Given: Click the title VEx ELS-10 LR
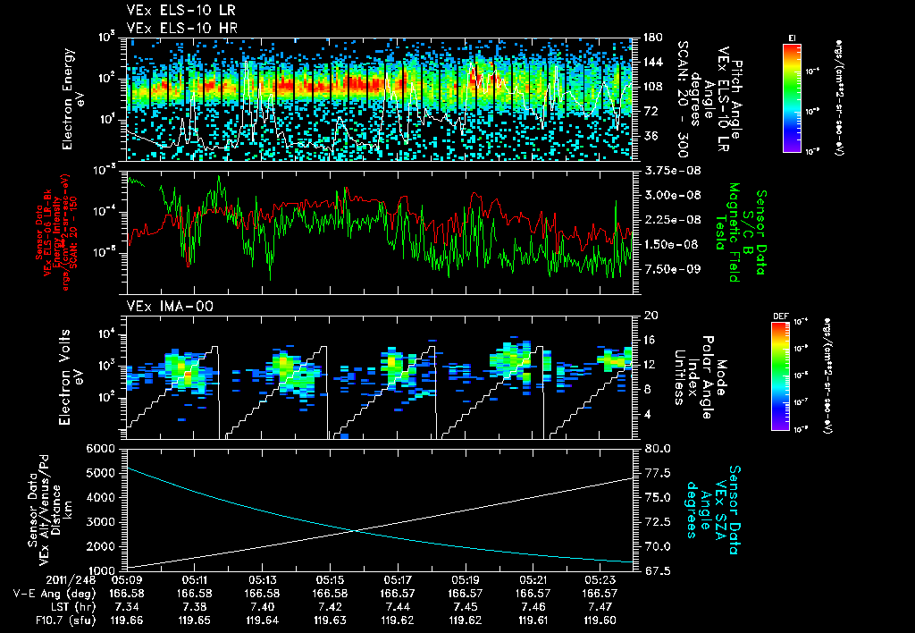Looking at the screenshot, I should point(173,12).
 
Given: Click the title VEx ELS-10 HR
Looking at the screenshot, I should point(173,28).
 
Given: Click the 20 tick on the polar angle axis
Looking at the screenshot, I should point(650,316).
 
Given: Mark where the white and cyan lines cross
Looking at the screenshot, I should point(357,531).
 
